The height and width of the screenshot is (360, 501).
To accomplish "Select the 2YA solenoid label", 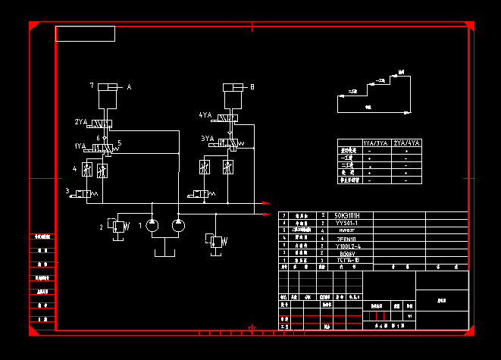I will [x=81, y=122].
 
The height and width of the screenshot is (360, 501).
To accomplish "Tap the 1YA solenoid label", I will [x=80, y=145].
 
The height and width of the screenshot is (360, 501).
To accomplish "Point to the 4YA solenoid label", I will [x=205, y=115].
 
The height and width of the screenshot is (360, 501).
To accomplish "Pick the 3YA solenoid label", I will [x=207, y=139].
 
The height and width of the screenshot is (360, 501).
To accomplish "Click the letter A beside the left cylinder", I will [x=129, y=88].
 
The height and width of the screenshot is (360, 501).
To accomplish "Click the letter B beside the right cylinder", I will [x=252, y=87].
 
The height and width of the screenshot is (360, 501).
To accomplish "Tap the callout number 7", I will [x=92, y=85].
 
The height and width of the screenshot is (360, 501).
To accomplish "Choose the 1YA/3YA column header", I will [x=376, y=142].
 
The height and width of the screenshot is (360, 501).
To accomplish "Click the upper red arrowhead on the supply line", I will [x=265, y=203].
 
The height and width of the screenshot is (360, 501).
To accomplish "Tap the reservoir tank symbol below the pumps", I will [x=165, y=250].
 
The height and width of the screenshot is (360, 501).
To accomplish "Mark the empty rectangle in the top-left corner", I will [x=85, y=33].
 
